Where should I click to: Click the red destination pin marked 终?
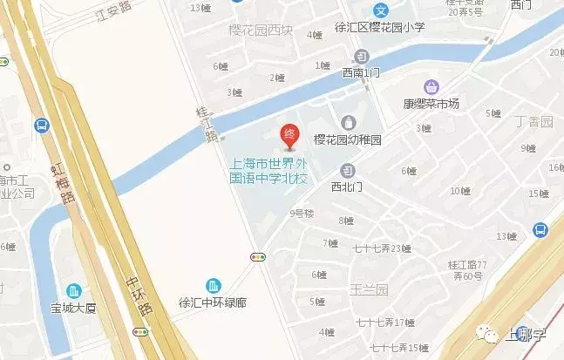click(289, 135)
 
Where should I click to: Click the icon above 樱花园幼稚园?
click(349, 122)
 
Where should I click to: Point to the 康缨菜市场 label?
click(430, 105)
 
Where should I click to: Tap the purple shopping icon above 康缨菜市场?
click(430, 87)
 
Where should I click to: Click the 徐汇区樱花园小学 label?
click(378, 27)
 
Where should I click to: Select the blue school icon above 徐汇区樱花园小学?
click(380, 10)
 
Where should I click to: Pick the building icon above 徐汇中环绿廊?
click(213, 286)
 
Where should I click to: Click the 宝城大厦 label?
click(74, 309)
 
